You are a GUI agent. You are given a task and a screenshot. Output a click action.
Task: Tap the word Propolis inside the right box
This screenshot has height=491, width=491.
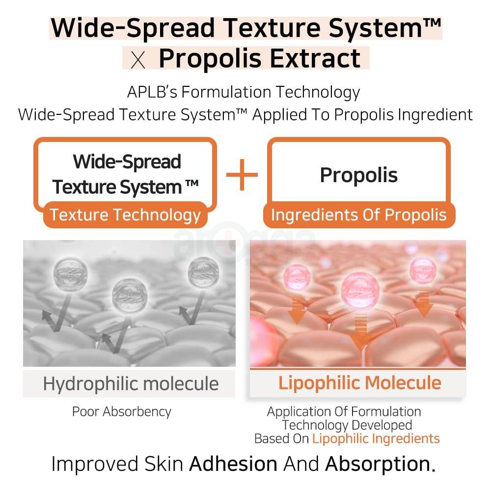(358, 175)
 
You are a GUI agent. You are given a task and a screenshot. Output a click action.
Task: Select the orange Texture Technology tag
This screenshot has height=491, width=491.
(126, 215)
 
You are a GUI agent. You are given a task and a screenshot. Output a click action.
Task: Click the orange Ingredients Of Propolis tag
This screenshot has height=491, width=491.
(359, 215)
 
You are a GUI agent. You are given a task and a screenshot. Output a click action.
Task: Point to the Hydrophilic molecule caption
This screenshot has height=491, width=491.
(131, 383)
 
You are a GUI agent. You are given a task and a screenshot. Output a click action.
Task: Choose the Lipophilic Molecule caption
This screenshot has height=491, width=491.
(359, 383)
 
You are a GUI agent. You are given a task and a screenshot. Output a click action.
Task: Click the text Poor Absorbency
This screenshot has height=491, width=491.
(122, 411)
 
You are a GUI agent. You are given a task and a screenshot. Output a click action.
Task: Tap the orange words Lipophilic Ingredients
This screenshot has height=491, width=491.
(376, 438)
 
